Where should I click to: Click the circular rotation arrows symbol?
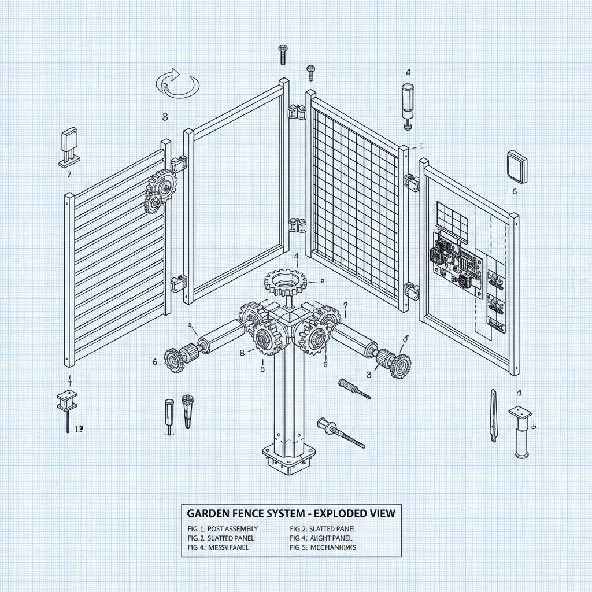[x=177, y=83]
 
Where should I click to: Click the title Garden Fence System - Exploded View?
[x=291, y=513]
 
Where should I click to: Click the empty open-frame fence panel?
[x=237, y=191]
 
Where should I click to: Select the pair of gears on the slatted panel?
[x=157, y=190]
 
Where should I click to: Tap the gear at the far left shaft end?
[x=173, y=360]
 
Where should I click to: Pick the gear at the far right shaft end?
[x=398, y=365]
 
